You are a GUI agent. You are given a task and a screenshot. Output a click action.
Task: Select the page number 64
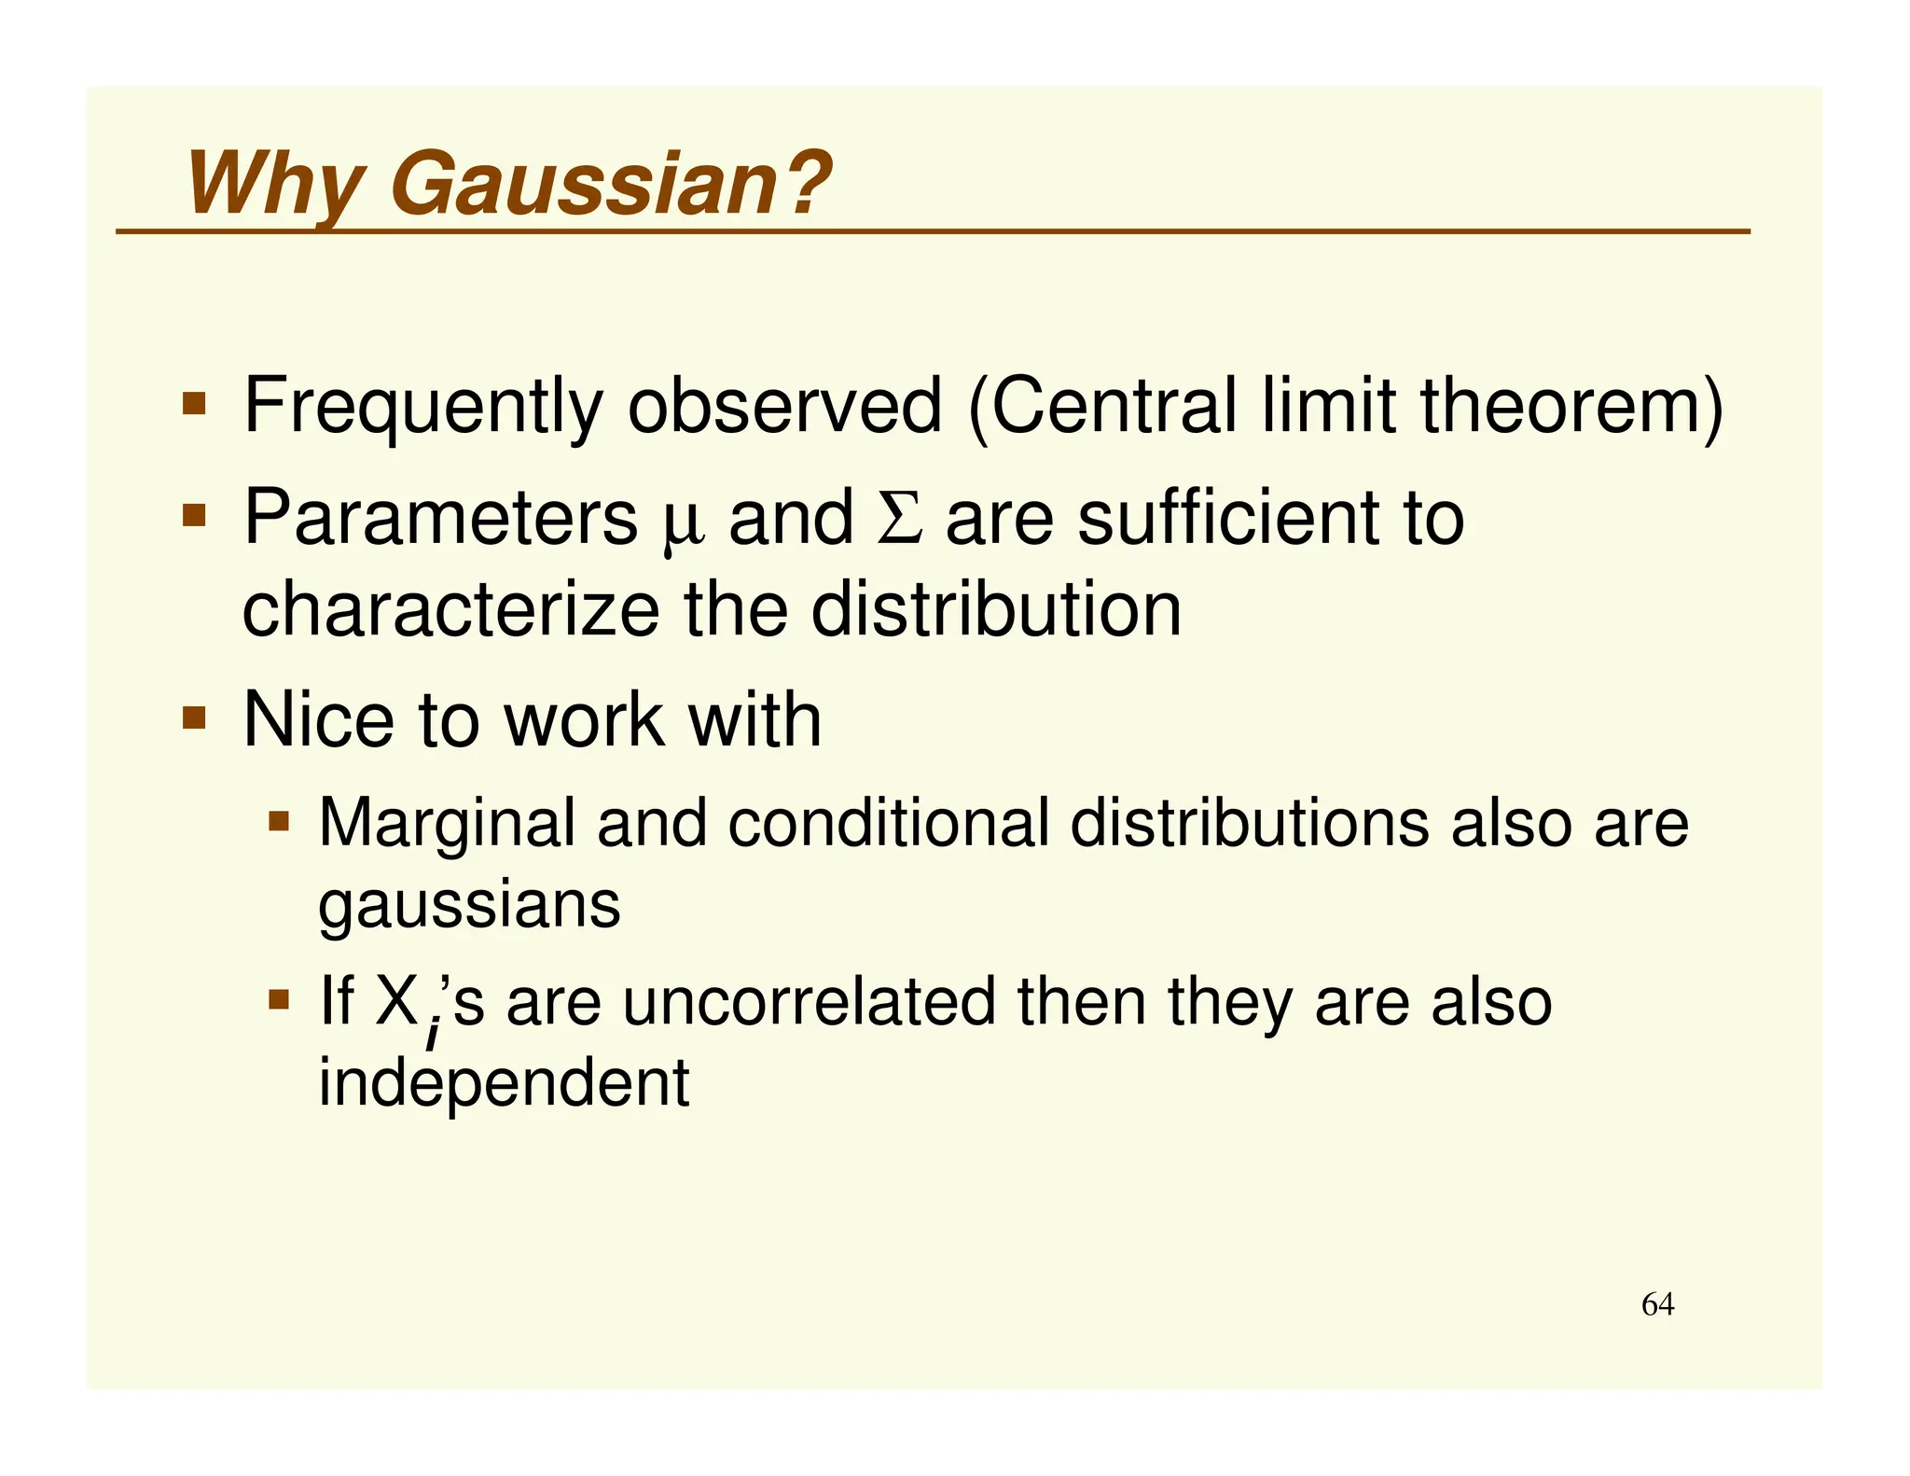(x=1657, y=1303)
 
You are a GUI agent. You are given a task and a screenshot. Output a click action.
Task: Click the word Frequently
(x=423, y=407)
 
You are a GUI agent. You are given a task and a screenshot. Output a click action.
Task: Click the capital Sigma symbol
(x=900, y=519)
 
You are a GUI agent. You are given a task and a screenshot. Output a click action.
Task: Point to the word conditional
(x=888, y=823)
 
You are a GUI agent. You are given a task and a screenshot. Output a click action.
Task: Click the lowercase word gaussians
(x=469, y=905)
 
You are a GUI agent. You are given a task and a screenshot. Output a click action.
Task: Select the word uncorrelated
(x=809, y=1002)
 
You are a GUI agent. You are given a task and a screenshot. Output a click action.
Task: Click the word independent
(x=504, y=1082)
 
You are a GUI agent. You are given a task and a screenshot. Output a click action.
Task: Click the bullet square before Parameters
(x=194, y=515)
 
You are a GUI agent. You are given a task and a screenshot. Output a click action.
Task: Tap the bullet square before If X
(x=279, y=1000)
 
